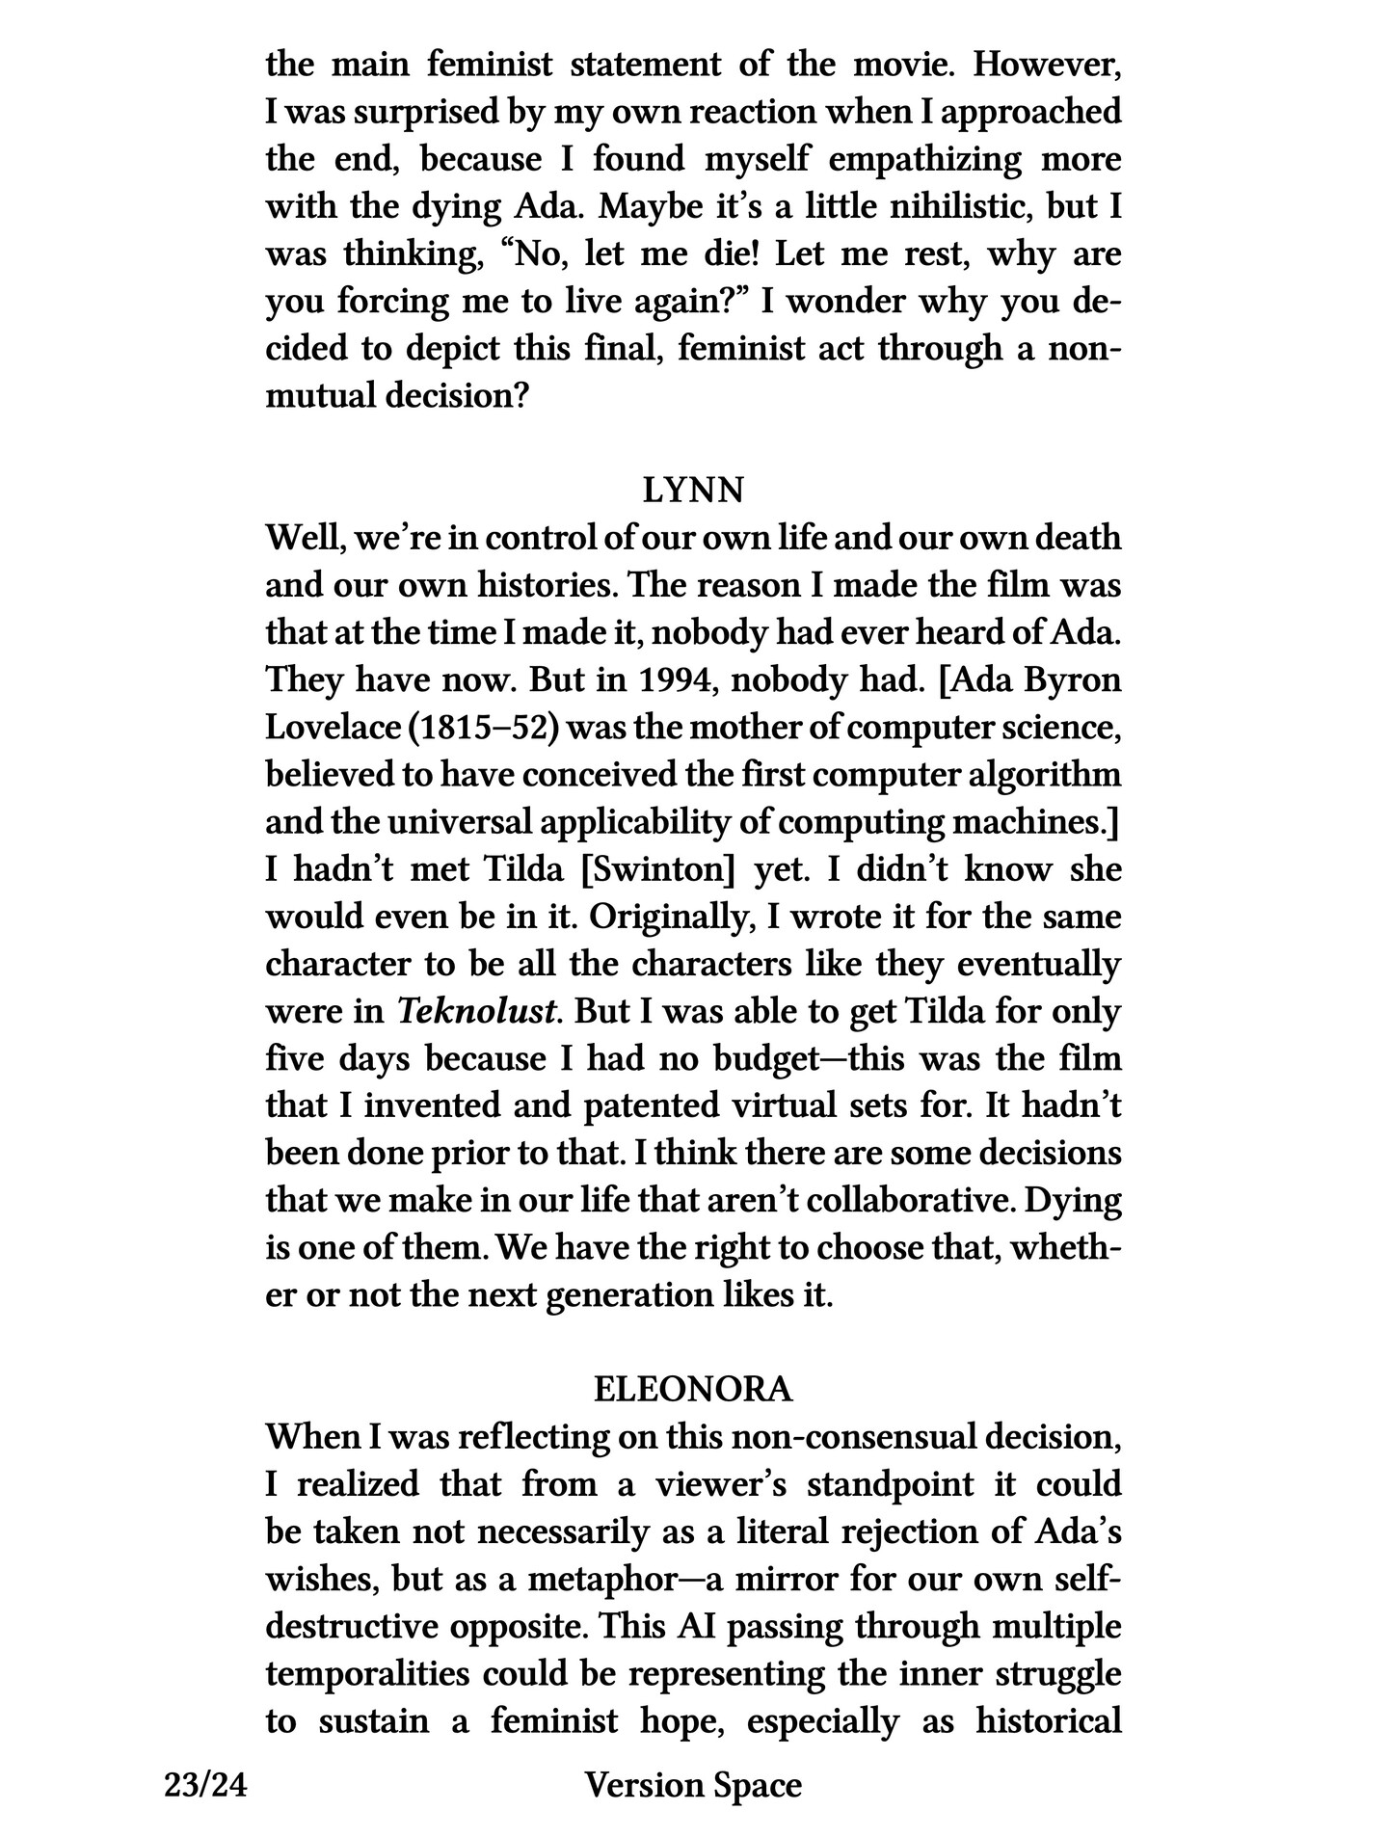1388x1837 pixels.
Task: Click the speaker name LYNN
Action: click(693, 491)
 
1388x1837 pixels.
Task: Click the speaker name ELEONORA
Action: click(693, 1389)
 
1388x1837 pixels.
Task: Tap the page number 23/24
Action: click(206, 1785)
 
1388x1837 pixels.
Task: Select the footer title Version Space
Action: click(693, 1785)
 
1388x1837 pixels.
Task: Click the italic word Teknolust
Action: click(478, 1011)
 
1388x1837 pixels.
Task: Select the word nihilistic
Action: click(933, 207)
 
